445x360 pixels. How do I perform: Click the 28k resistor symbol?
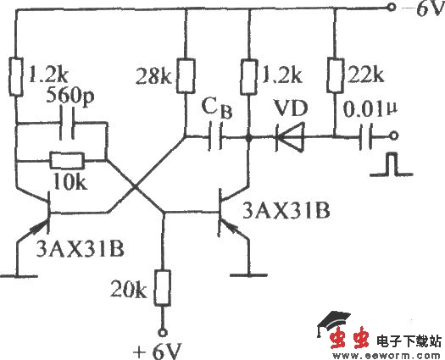click(185, 76)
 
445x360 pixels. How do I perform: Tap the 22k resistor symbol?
click(334, 76)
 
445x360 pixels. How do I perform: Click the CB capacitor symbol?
click(217, 136)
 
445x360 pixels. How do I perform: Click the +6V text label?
click(161, 348)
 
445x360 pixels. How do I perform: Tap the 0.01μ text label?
click(368, 108)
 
